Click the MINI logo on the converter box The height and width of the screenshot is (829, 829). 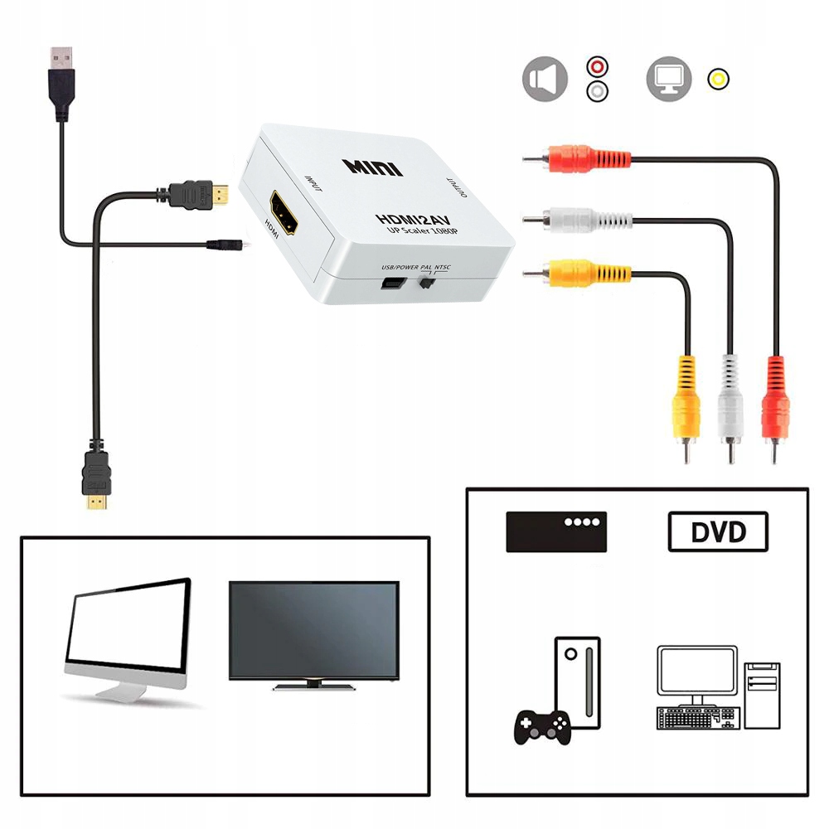coord(372,166)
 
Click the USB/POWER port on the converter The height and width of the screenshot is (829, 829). coord(390,284)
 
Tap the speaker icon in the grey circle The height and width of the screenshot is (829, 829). coord(545,80)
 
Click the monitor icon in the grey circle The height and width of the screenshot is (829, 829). coord(669,80)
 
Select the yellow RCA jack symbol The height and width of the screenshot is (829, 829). coord(718,80)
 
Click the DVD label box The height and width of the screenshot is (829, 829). coord(718,531)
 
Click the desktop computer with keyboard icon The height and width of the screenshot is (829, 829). coord(718,688)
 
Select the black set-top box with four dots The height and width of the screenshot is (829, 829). coord(556,531)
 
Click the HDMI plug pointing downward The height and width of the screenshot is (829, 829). coord(96,485)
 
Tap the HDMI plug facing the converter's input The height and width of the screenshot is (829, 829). coord(199,194)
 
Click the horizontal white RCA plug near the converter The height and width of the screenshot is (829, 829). coord(575,220)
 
